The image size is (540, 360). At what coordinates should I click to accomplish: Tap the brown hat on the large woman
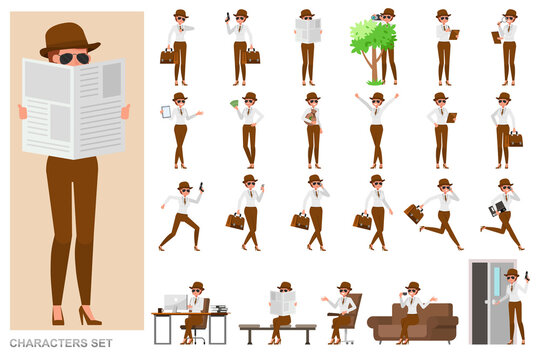tap(70, 39)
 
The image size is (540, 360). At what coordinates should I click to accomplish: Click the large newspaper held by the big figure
tap(74, 107)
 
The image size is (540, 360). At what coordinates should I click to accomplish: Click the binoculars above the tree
tap(376, 17)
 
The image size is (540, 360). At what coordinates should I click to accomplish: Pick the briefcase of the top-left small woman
tap(167, 56)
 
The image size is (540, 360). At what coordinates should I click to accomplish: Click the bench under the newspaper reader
tap(277, 329)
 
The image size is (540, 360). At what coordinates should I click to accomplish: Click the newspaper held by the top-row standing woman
tap(307, 30)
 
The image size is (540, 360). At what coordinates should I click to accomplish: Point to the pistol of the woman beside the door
tap(526, 273)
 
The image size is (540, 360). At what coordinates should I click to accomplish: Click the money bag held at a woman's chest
tap(311, 117)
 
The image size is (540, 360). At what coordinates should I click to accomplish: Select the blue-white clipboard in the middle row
tap(166, 111)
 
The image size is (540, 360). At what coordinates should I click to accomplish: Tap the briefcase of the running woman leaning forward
tap(413, 212)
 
